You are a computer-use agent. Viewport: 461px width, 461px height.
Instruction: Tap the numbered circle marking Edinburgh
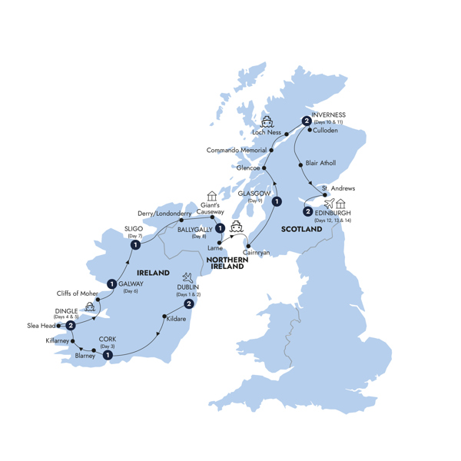click(308, 211)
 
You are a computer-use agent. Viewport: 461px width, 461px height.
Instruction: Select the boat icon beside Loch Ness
click(267, 122)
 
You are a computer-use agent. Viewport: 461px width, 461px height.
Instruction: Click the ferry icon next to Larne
click(237, 227)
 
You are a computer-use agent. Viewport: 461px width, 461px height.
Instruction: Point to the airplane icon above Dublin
click(187, 277)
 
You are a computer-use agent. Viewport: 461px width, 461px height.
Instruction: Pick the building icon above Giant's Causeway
click(212, 197)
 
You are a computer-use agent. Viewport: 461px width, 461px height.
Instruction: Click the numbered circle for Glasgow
click(276, 202)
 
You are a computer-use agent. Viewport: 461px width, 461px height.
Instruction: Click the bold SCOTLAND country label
click(301, 229)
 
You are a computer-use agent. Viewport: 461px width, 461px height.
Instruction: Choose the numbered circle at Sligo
click(135, 245)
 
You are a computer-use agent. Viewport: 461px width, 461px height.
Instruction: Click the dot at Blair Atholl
click(299, 164)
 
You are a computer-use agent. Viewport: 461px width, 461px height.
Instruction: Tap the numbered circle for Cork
click(107, 355)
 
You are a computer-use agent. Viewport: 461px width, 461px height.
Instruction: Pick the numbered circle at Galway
click(112, 284)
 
